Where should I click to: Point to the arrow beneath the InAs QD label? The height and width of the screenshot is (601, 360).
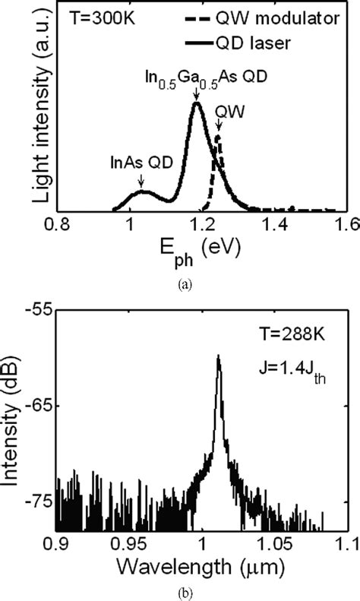(x=141, y=181)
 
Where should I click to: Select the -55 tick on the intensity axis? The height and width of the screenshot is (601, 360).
(x=44, y=310)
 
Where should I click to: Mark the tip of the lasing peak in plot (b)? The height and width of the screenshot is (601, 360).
(x=219, y=355)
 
